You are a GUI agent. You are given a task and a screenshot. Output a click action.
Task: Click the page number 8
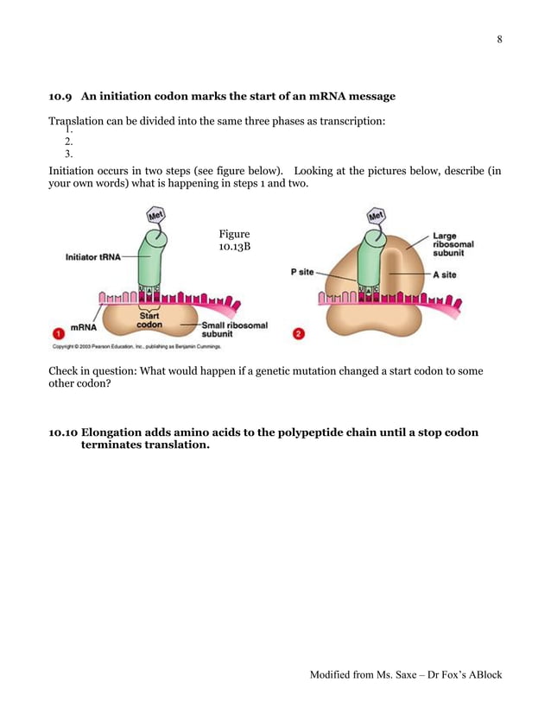pyautogui.click(x=499, y=40)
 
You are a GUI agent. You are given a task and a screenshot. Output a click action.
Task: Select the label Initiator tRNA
pyautogui.click(x=92, y=256)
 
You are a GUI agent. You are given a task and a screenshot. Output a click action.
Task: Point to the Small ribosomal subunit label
pyautogui.click(x=234, y=329)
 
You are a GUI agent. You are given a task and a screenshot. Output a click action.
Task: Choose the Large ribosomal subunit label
pyautogui.click(x=453, y=244)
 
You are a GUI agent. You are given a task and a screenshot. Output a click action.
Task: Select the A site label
pyautogui.click(x=446, y=274)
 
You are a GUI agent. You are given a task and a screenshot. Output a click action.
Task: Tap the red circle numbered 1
pyautogui.click(x=57, y=333)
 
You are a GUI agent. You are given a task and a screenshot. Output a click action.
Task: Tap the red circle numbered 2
pyautogui.click(x=299, y=334)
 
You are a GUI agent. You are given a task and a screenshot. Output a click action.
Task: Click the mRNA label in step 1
pyautogui.click(x=84, y=327)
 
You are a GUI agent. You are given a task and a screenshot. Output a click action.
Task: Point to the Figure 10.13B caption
pyautogui.click(x=234, y=241)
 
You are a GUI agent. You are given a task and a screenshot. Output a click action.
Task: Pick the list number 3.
pyautogui.click(x=68, y=154)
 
